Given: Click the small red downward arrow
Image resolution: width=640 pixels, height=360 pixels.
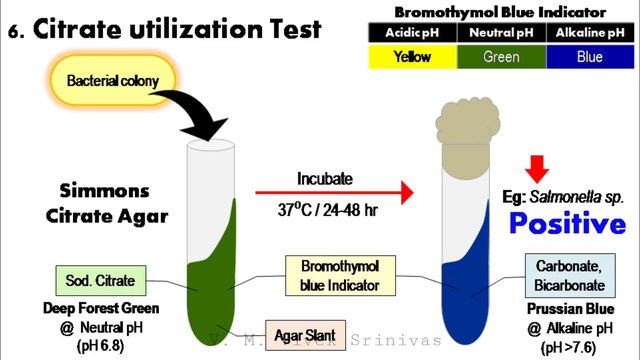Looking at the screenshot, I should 538,167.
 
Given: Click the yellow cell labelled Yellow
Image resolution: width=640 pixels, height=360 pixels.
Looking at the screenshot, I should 411,57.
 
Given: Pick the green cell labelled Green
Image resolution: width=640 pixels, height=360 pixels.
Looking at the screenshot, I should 501,57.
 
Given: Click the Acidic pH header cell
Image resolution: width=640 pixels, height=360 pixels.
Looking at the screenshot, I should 411,32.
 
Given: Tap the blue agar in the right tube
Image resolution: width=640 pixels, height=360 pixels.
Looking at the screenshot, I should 469,275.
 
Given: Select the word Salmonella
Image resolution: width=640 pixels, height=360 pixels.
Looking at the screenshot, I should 566,197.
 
